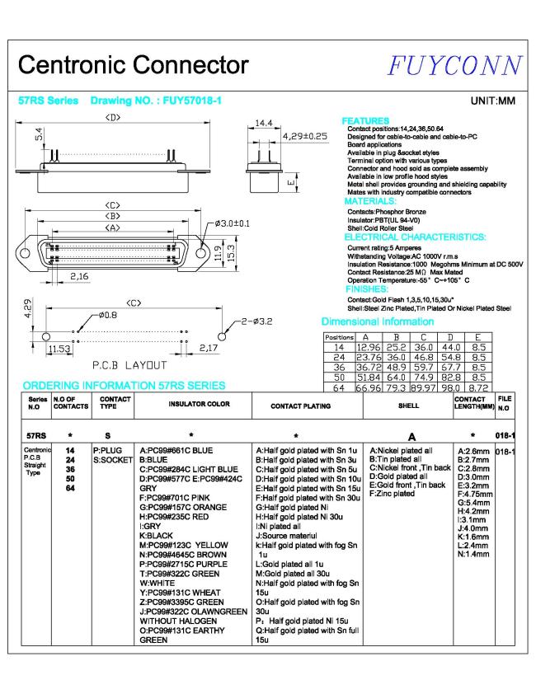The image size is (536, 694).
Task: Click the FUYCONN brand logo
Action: [x=457, y=65]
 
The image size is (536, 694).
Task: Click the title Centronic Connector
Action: [x=133, y=65]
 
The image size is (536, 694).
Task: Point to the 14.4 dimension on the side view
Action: [x=263, y=124]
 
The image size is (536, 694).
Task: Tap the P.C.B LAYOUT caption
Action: [x=129, y=364]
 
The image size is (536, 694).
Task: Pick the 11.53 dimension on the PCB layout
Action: [x=59, y=349]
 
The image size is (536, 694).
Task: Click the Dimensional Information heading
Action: [x=377, y=321]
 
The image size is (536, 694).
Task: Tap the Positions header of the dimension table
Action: [x=339, y=337]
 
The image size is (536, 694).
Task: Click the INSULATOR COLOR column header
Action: [x=199, y=405]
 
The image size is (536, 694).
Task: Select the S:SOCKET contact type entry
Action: [x=112, y=460]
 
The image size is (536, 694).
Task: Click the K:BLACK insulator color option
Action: [x=157, y=535]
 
